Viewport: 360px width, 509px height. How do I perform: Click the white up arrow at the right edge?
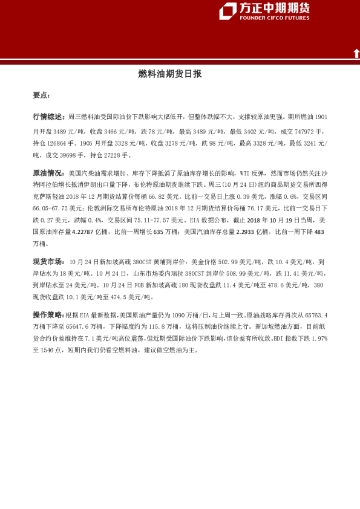356,53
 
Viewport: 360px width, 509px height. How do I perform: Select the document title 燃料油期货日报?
169,74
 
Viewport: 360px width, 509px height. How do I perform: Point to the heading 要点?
41,96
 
